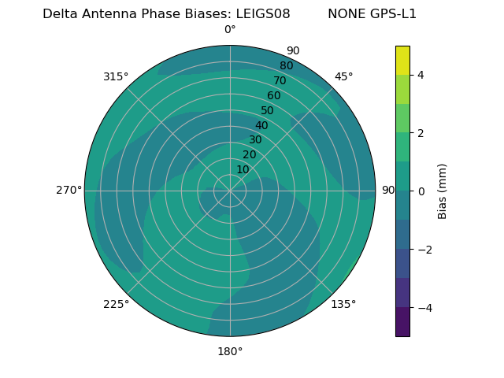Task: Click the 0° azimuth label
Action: click(x=230, y=30)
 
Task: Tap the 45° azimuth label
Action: click(x=344, y=76)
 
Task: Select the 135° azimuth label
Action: click(x=343, y=304)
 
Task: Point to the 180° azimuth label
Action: click(x=230, y=351)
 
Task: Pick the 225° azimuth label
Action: click(x=116, y=304)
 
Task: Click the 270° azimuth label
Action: click(x=69, y=190)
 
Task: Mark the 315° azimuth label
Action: click(x=116, y=76)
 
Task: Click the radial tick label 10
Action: click(x=243, y=169)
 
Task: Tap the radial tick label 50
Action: click(x=268, y=110)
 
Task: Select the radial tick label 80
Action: click(x=286, y=65)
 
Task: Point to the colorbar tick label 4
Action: click(x=421, y=75)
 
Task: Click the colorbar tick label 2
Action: click(x=421, y=133)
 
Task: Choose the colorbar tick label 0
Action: click(x=421, y=191)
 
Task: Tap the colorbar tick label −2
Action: click(x=424, y=250)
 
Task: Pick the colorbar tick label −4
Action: click(x=424, y=308)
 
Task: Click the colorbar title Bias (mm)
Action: click(x=443, y=191)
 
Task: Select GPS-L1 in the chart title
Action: click(x=391, y=14)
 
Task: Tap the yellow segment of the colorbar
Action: click(x=402, y=60)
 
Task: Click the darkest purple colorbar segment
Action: click(x=402, y=322)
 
